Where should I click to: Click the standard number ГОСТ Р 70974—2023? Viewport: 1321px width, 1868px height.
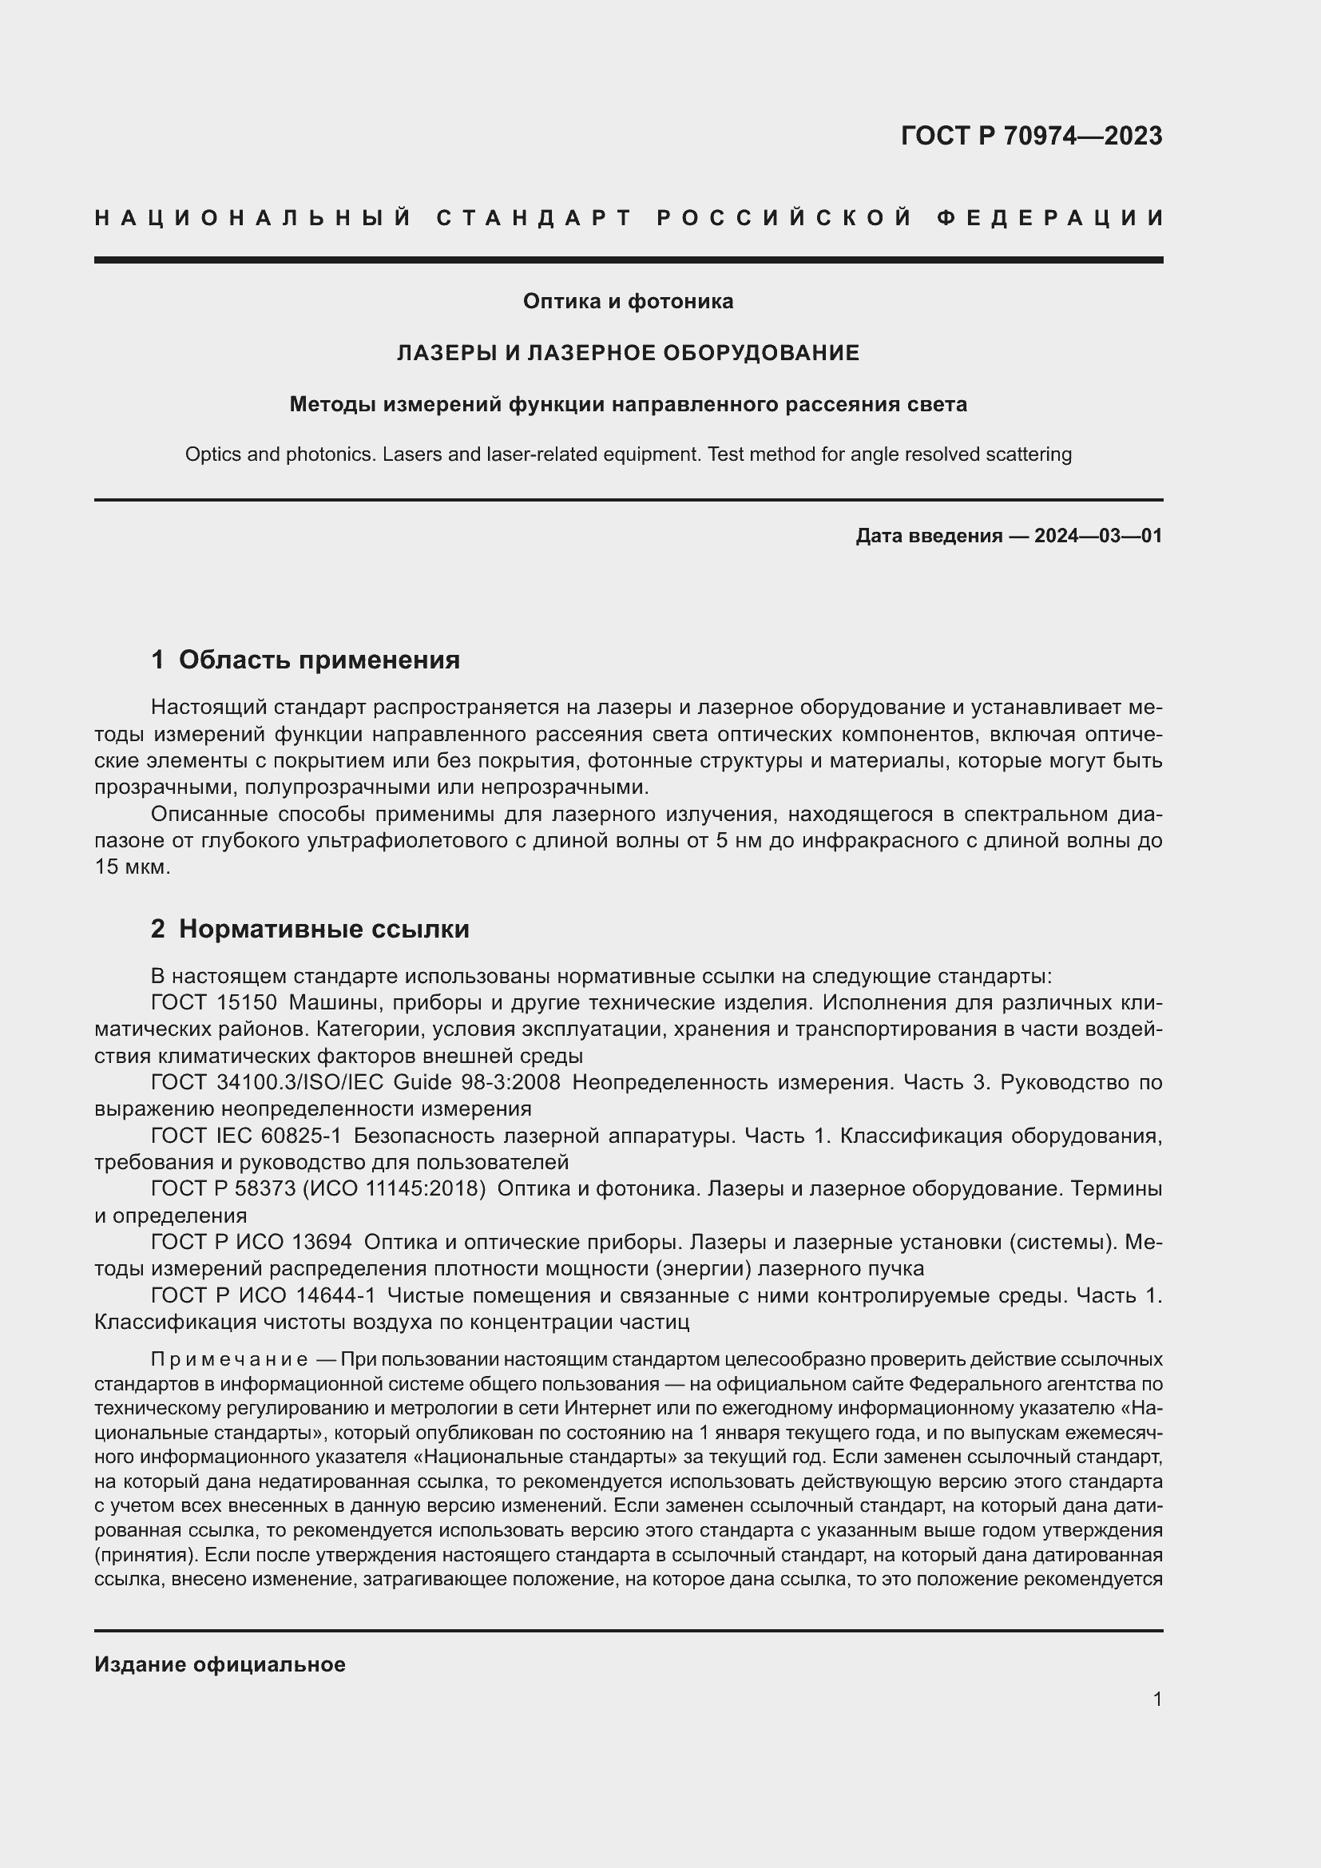tap(1030, 136)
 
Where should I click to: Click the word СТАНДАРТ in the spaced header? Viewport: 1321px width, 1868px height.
tap(534, 218)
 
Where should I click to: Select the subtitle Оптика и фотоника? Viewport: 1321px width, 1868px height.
tap(628, 302)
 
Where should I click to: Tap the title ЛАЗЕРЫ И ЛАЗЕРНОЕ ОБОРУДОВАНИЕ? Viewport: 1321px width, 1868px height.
tap(628, 353)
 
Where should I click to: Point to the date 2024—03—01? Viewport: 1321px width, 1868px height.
tap(1097, 536)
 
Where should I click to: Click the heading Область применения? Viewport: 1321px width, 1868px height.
tap(319, 660)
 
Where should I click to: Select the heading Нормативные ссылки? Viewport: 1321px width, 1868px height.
tap(323, 929)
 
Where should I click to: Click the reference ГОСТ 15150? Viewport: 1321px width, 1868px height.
tap(214, 1002)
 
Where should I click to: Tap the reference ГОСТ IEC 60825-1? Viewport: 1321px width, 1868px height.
tap(247, 1136)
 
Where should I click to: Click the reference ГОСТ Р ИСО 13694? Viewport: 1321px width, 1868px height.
tap(252, 1243)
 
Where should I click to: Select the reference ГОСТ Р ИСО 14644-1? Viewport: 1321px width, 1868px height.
tap(264, 1295)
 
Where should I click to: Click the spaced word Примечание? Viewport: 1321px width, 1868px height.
tap(228, 1360)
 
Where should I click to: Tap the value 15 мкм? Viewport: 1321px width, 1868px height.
tap(132, 867)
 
